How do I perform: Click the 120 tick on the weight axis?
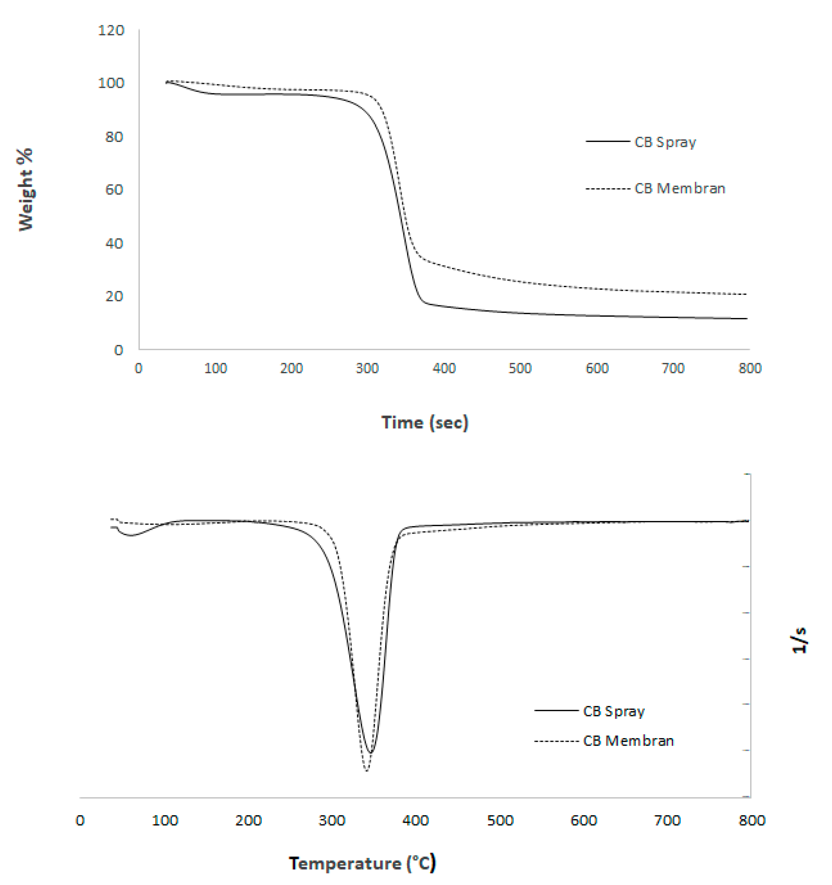tap(111, 30)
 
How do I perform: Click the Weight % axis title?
tap(26, 189)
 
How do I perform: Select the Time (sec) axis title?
tap(424, 422)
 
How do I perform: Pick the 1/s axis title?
tap(799, 640)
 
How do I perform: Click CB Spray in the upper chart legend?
tap(665, 142)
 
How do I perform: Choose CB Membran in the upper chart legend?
tap(680, 188)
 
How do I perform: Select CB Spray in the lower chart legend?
tap(614, 711)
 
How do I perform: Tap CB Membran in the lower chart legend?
tap(628, 741)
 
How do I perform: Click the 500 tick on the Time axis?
tap(520, 368)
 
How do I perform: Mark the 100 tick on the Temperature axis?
tap(165, 820)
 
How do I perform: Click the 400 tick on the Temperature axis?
tap(415, 820)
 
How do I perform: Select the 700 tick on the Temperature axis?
tap(667, 820)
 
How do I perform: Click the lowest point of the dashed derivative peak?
tap(366, 770)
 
